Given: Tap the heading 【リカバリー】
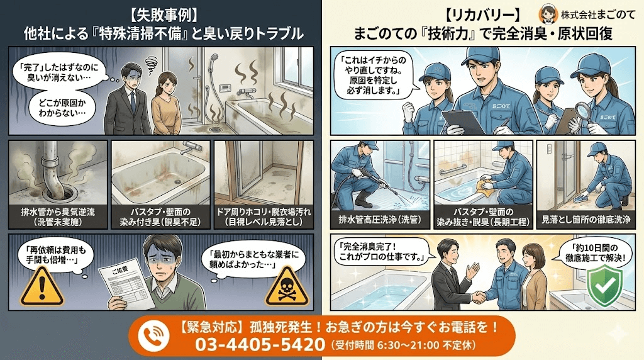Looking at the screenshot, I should pos(482,13).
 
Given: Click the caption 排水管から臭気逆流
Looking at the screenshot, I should pos(58,213).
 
